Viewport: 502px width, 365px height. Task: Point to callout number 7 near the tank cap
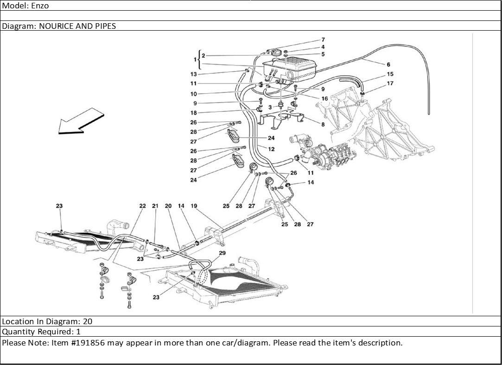coord(323,40)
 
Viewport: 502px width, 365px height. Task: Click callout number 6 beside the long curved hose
coord(388,64)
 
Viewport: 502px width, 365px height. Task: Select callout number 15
coord(390,74)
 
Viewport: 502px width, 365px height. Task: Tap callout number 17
coord(390,84)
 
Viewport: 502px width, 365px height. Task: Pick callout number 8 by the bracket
coord(323,124)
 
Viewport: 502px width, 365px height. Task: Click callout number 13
coord(193,74)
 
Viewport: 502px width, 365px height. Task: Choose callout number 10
coord(193,94)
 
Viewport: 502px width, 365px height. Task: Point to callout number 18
coord(193,113)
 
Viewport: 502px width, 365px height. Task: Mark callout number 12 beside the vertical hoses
coord(271,149)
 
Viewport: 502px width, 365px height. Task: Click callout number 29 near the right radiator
coord(222,253)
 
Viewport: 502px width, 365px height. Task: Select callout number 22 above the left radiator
coord(142,206)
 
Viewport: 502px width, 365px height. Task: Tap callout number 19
coord(194,206)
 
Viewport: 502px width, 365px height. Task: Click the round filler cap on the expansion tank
coord(278,52)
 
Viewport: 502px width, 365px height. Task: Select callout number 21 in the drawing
coord(155,206)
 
